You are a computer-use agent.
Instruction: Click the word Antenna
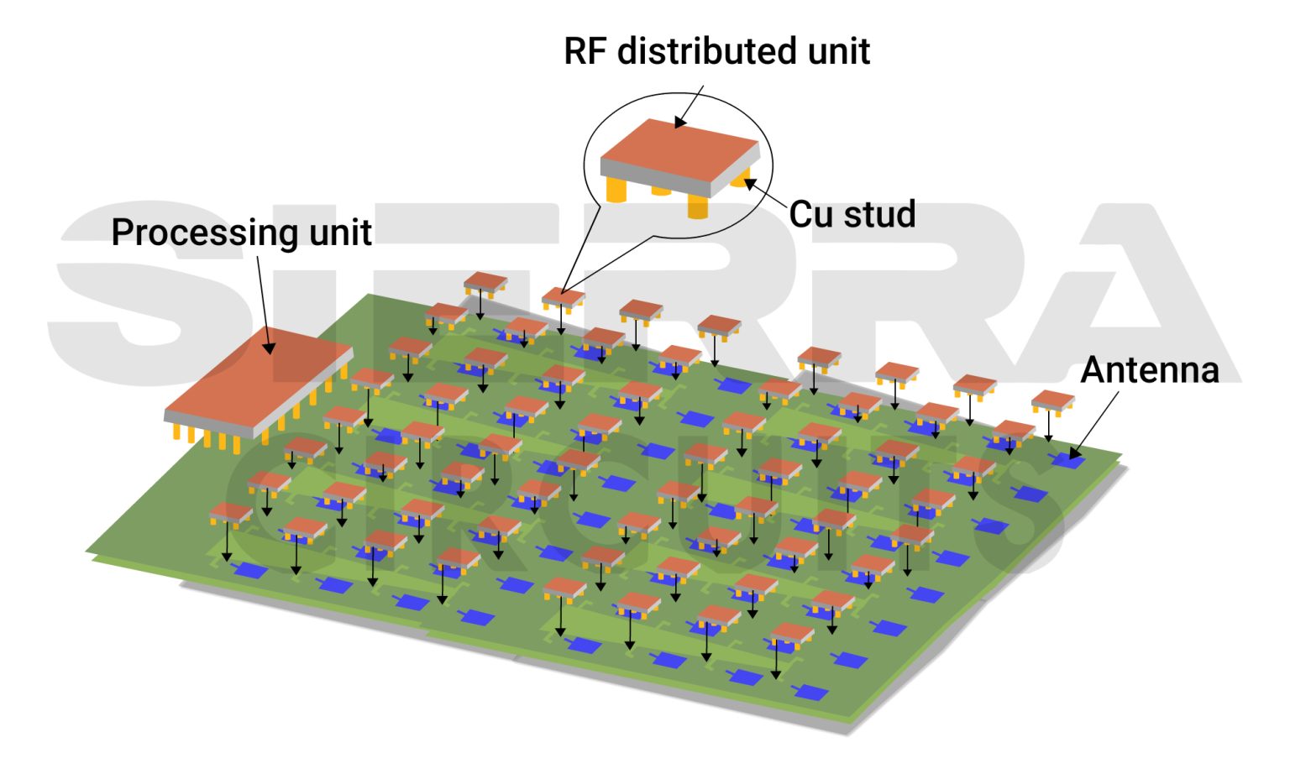pos(1149,369)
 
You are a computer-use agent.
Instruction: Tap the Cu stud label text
pos(852,214)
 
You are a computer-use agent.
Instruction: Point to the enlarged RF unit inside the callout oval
pos(679,156)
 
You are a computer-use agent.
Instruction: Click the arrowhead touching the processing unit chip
pos(270,348)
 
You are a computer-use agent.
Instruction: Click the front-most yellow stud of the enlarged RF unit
pos(698,207)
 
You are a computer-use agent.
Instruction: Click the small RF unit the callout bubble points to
pos(563,296)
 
